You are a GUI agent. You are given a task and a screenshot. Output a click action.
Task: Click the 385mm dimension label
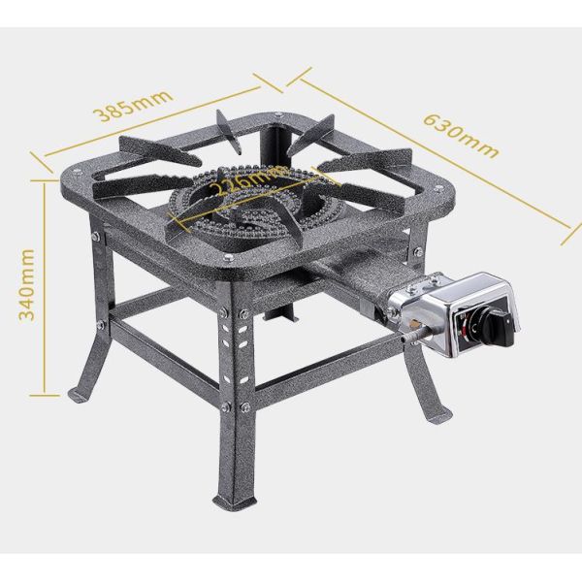click(134, 106)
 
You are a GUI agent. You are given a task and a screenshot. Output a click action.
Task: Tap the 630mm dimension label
click(461, 136)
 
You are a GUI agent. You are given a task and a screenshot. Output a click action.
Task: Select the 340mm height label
click(27, 284)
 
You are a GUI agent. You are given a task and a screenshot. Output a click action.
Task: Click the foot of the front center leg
click(234, 501)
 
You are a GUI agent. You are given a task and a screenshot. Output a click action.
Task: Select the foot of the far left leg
click(80, 397)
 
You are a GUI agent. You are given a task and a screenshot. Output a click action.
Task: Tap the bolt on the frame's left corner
click(78, 172)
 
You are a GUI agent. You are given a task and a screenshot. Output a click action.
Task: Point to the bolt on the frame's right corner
click(438, 189)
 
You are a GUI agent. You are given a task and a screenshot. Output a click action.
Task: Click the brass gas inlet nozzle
click(411, 323)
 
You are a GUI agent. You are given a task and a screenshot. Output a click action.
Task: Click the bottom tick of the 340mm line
click(45, 396)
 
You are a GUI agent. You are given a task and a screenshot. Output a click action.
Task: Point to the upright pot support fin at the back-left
click(227, 131)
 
